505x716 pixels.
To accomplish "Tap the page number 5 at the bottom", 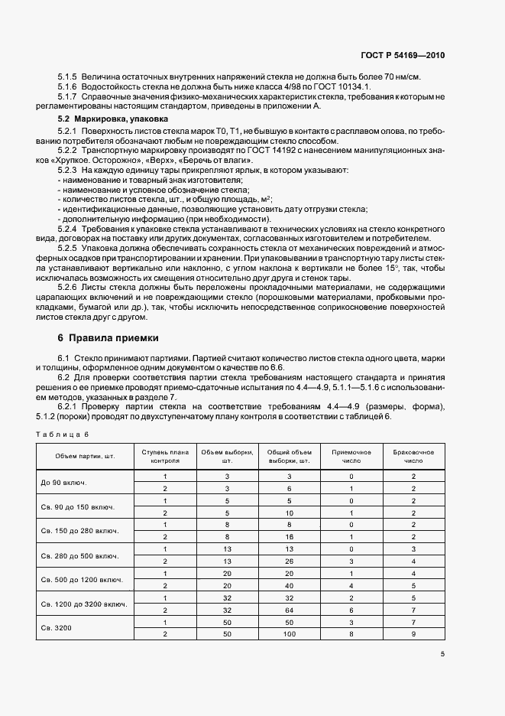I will [x=442, y=654].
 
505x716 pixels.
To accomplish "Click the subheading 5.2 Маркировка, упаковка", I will [x=113, y=119].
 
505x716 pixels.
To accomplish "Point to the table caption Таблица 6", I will [x=63, y=434].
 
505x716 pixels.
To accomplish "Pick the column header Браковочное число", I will [x=413, y=457].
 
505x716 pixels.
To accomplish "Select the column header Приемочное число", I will [x=351, y=457].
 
